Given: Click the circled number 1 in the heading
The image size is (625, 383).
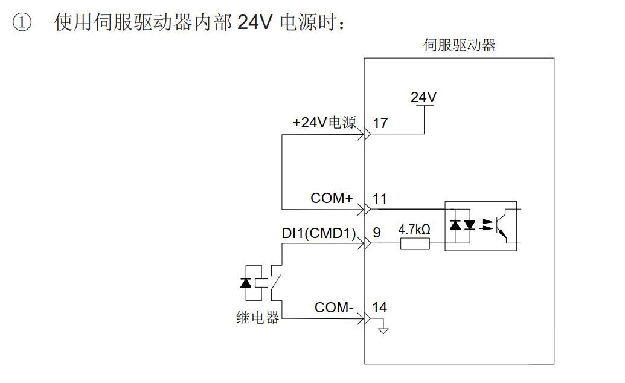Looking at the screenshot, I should pos(22,24).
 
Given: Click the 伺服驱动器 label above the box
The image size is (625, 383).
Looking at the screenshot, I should pos(460,45).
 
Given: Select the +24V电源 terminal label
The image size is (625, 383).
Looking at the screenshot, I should pos(324,123).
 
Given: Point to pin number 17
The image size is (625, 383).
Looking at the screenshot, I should pos(380,123).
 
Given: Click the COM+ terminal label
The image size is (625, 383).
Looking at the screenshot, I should pos(332,198).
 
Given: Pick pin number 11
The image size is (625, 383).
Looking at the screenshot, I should pos(380,199).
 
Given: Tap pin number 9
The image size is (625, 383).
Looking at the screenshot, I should pos(377,233).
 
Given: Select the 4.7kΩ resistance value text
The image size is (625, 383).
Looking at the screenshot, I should pos(414,230).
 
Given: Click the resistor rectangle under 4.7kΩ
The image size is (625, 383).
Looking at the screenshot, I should pos(415,244).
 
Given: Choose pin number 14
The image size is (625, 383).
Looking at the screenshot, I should pos(380,307).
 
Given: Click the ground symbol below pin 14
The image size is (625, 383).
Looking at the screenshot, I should pos(383,330).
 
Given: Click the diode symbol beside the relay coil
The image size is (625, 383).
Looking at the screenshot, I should pos(245,282).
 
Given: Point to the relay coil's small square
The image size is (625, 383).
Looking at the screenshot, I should pos(261,282).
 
